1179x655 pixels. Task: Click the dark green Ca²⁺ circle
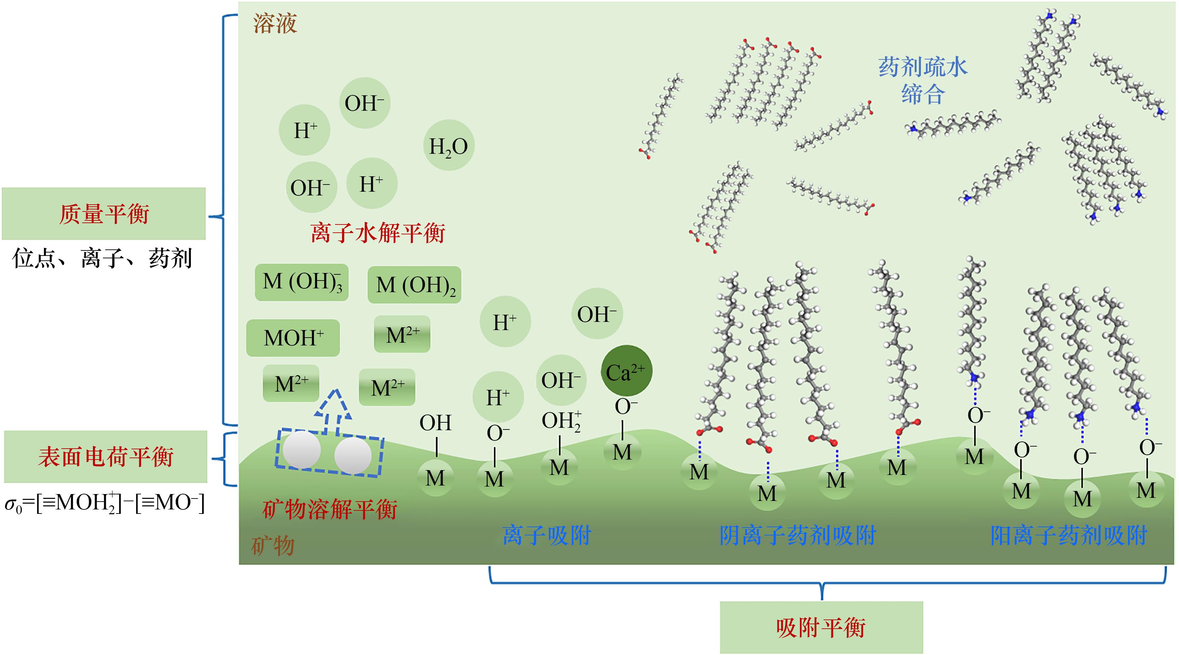pyautogui.click(x=626, y=371)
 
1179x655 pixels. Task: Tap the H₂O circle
pyautogui.click(x=449, y=146)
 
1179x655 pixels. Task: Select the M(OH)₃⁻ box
pyautogui.click(x=301, y=282)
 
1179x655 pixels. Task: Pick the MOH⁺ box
pyautogui.click(x=293, y=338)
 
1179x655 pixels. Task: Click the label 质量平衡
pyautogui.click(x=104, y=214)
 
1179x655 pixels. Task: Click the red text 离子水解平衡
pyautogui.click(x=377, y=233)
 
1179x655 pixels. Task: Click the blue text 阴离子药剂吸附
pyautogui.click(x=797, y=535)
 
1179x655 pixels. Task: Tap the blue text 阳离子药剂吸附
pyautogui.click(x=1069, y=535)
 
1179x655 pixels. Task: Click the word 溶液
pyautogui.click(x=275, y=23)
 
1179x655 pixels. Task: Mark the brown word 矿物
pyautogui.click(x=273, y=546)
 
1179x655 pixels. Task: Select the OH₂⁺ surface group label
pyautogui.click(x=561, y=421)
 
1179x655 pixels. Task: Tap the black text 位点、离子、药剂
pyautogui.click(x=102, y=258)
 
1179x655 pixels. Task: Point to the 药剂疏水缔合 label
pyautogui.click(x=923, y=81)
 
